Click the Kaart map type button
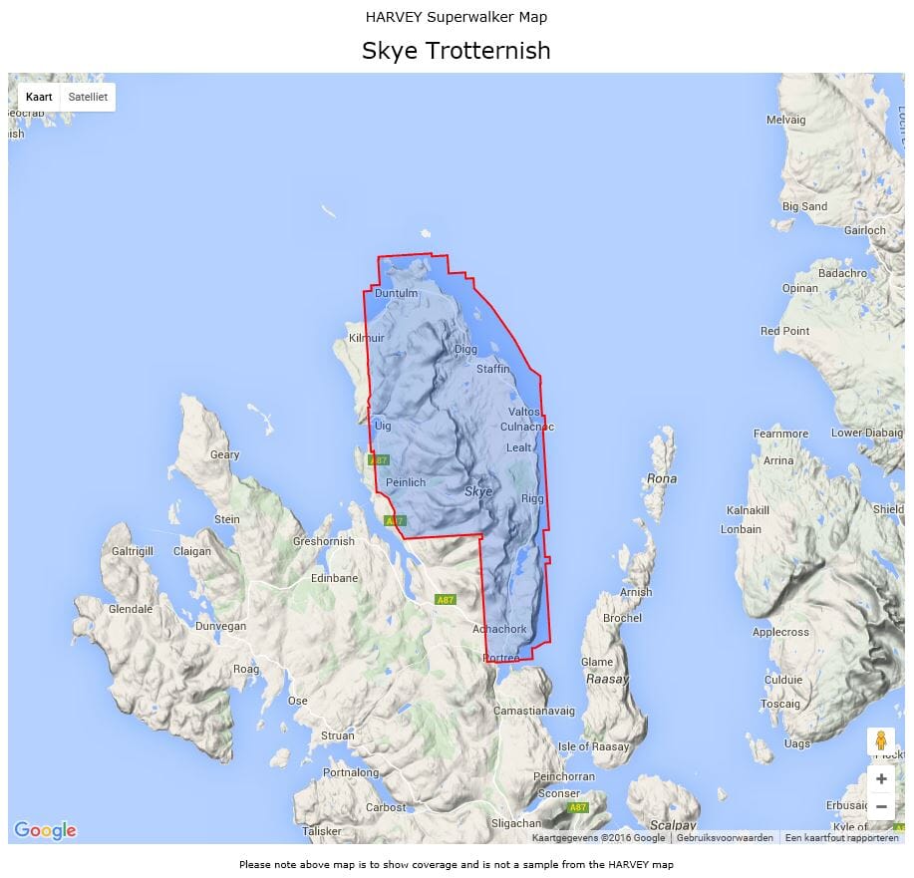click(x=39, y=97)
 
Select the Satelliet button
click(x=88, y=97)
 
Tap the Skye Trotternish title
click(x=456, y=51)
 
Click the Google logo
click(x=45, y=830)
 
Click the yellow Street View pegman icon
click(x=880, y=741)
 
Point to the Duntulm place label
click(x=396, y=294)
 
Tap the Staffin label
click(x=492, y=369)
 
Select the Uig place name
click(x=383, y=426)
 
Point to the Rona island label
click(x=662, y=478)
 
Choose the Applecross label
click(x=780, y=632)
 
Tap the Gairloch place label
click(x=864, y=230)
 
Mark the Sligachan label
click(x=516, y=823)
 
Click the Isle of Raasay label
click(x=594, y=746)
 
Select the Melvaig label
click(x=785, y=120)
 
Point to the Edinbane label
click(x=334, y=578)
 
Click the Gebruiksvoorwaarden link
click(x=725, y=838)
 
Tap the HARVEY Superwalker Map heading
click(x=456, y=17)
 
